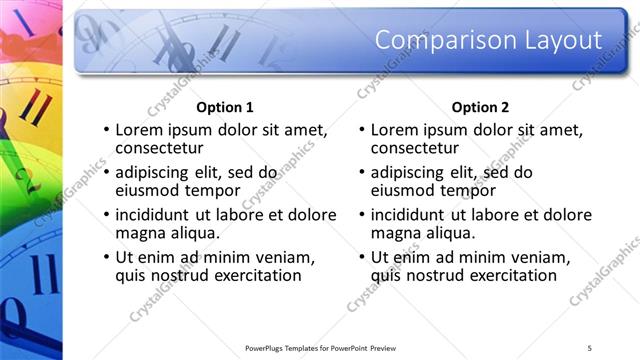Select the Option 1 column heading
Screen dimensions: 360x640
[225, 107]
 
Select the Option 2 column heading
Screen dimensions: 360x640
[481, 107]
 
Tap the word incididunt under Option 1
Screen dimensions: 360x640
[158, 215]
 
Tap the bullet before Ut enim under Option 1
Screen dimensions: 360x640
[105, 258]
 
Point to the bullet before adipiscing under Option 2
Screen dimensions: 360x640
[361, 173]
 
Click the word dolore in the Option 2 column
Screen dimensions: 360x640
[567, 215]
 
